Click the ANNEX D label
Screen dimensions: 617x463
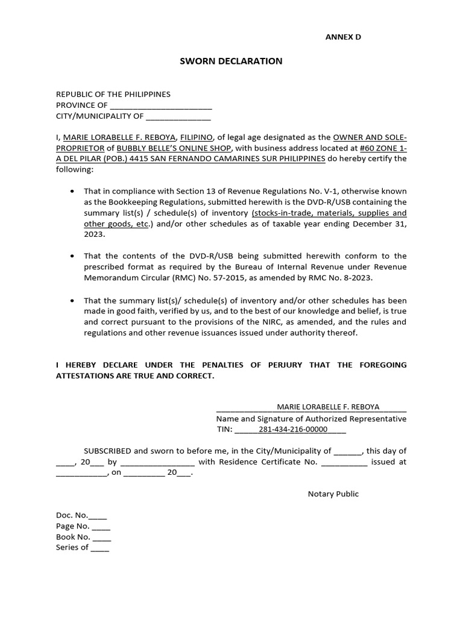click(x=343, y=37)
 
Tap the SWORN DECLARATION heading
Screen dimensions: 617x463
click(x=231, y=61)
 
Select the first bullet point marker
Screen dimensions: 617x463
click(x=72, y=191)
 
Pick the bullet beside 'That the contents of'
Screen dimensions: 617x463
click(x=72, y=256)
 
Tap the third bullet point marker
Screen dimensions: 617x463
click(x=72, y=300)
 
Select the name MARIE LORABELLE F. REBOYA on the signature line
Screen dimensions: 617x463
click(x=328, y=407)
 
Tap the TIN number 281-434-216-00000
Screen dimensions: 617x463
click(x=292, y=430)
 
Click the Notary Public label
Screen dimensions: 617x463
click(x=333, y=494)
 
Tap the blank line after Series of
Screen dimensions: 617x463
click(x=100, y=548)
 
